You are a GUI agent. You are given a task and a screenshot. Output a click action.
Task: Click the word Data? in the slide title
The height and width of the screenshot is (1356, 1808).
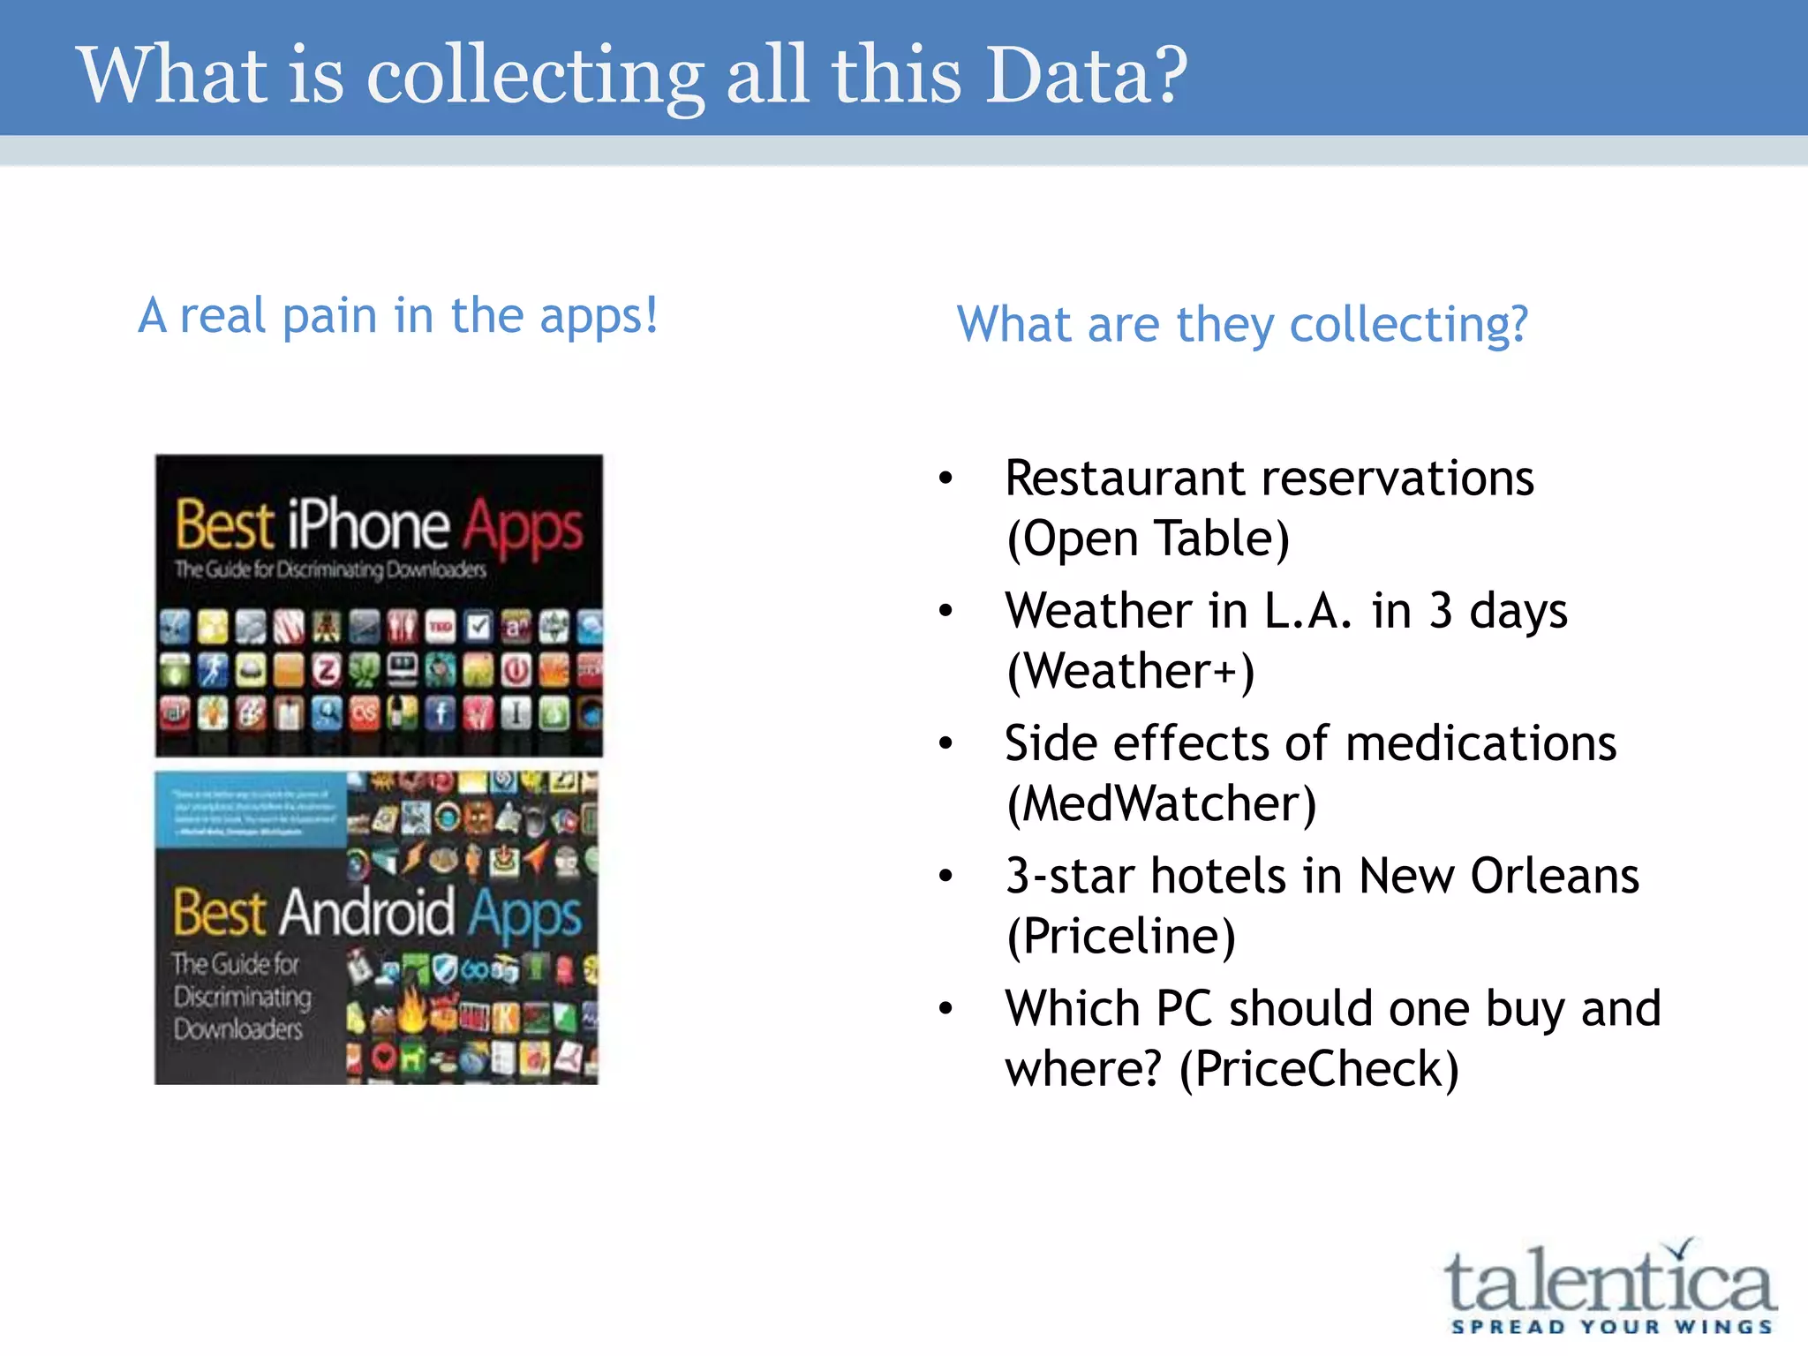[1086, 74]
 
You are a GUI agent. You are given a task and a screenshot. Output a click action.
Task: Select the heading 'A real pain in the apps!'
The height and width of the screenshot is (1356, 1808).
[398, 316]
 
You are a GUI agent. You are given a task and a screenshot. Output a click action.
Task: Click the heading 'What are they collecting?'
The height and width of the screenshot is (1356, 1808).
[1242, 324]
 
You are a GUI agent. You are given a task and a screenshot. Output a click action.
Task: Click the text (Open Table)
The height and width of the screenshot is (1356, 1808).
[1148, 539]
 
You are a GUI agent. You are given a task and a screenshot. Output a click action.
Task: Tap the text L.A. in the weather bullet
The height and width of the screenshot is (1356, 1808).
[1307, 611]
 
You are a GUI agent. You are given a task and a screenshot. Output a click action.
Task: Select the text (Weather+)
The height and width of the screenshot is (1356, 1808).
[1130, 671]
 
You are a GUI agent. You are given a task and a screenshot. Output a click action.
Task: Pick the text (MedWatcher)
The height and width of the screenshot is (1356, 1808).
[1161, 804]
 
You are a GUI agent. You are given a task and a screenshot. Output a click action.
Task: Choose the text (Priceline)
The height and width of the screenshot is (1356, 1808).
[1121, 937]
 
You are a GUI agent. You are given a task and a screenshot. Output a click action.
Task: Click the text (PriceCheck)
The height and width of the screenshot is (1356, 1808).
[1319, 1069]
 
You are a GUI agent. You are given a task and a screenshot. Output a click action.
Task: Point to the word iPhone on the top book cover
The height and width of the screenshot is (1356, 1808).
[368, 525]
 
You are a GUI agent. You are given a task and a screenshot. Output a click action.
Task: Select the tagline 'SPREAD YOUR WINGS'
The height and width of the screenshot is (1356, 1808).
[1611, 1327]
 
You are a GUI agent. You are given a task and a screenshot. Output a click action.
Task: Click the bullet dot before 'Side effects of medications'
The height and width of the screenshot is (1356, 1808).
[946, 743]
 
